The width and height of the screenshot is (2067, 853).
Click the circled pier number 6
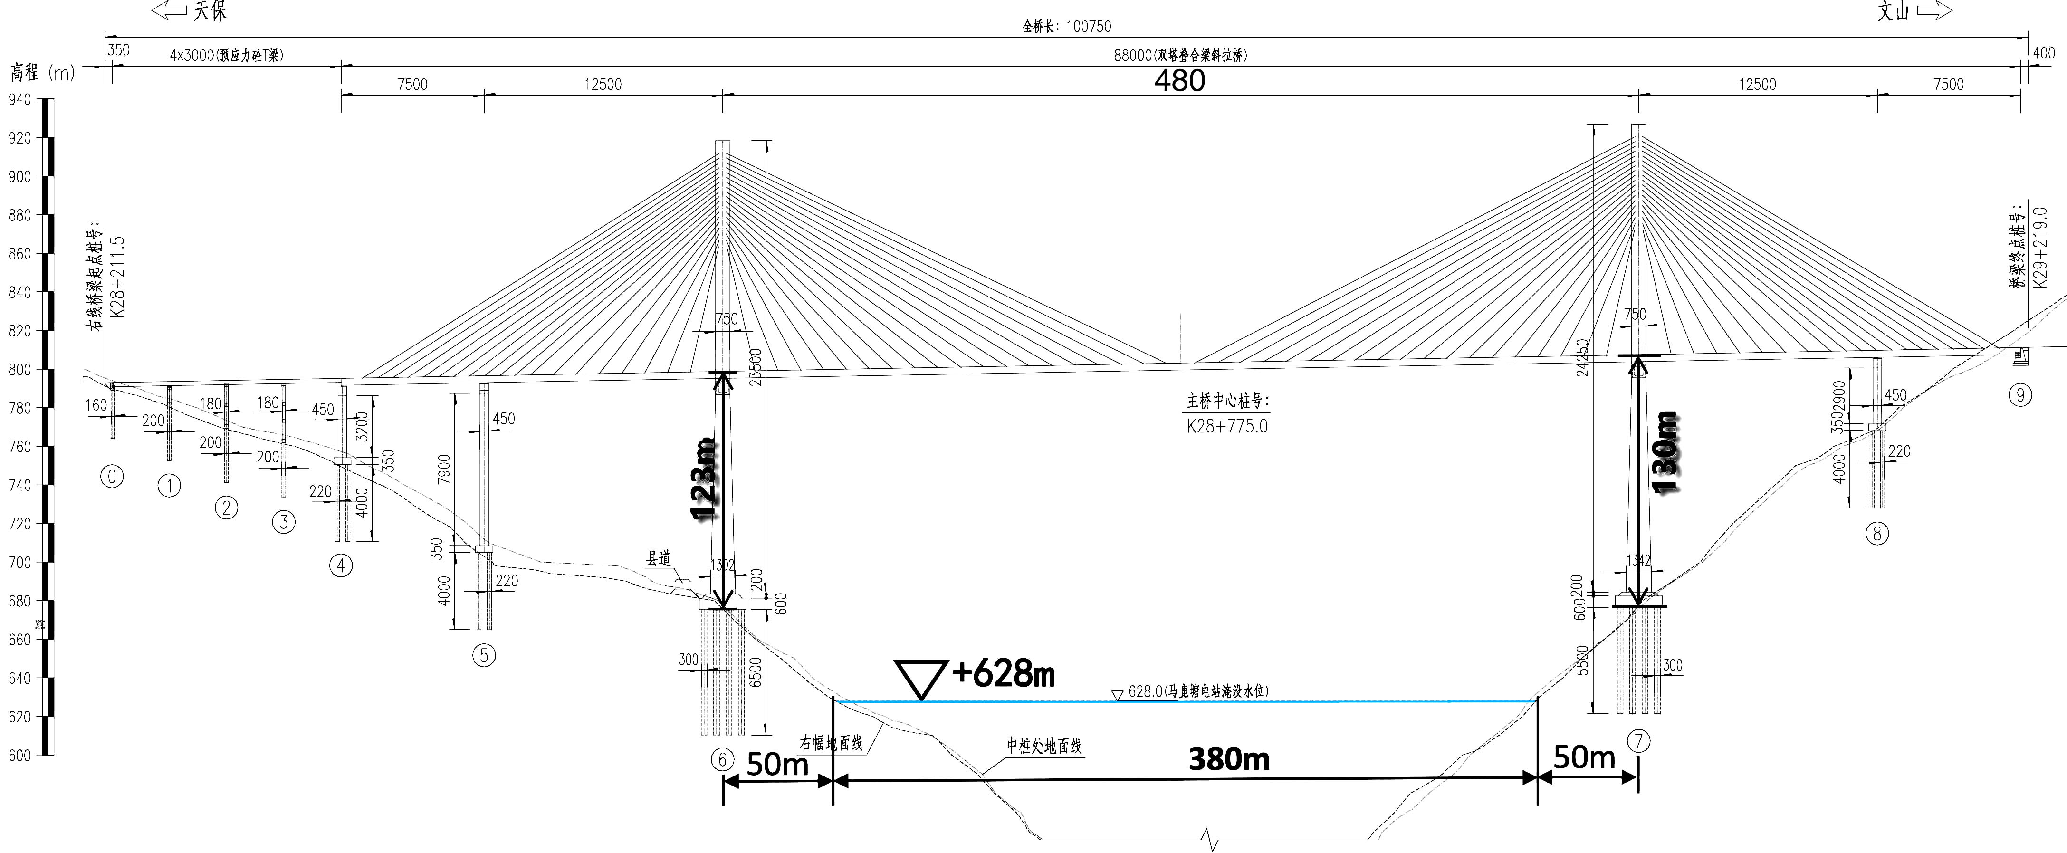point(722,759)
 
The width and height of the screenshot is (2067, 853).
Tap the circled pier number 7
point(1638,741)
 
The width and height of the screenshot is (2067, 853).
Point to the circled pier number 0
point(112,477)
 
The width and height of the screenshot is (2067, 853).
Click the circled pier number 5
point(484,655)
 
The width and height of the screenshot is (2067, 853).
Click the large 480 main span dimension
point(1179,81)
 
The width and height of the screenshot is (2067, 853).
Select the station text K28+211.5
point(117,278)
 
